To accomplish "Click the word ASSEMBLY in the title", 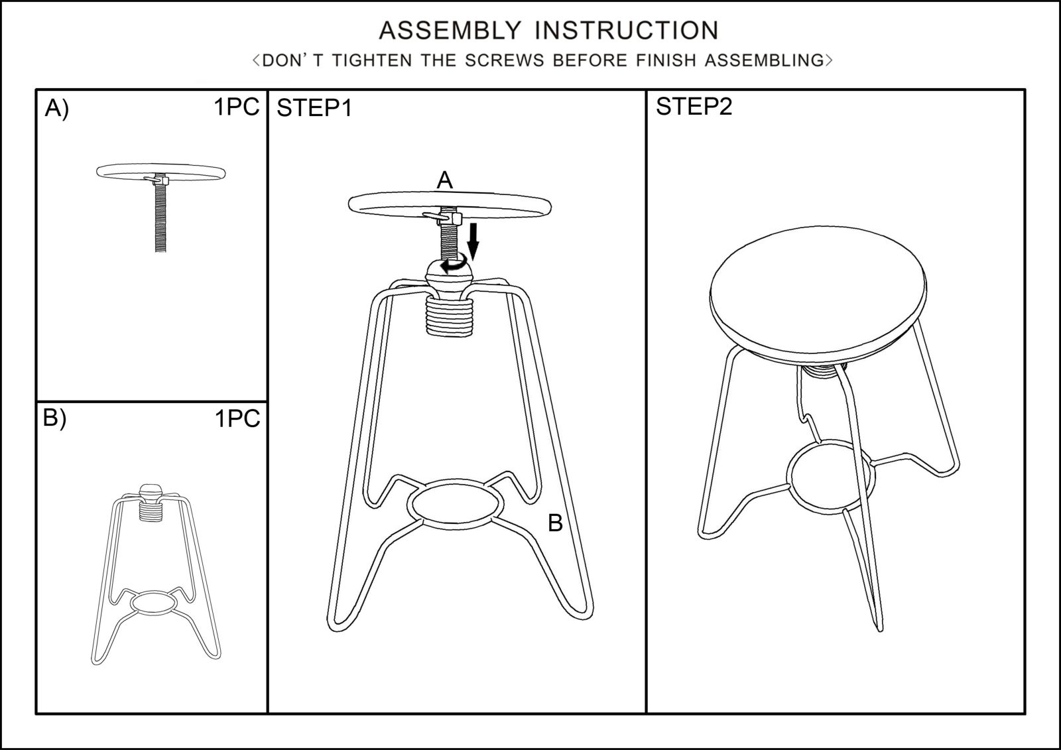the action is click(x=450, y=31).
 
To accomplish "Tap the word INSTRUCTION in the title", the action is click(x=627, y=31).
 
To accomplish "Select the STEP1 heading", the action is click(x=314, y=108).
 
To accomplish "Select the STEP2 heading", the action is click(x=694, y=106).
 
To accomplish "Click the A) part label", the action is click(x=57, y=109).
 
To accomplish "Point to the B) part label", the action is click(x=55, y=418).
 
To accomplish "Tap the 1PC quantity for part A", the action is click(x=236, y=107).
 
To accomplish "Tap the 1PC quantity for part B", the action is click(x=237, y=418).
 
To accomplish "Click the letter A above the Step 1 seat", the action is click(x=444, y=180).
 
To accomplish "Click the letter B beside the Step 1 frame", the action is click(x=555, y=523).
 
